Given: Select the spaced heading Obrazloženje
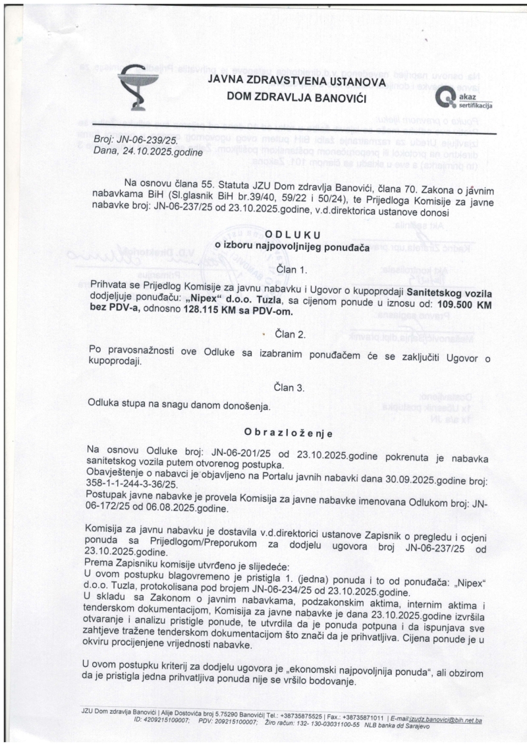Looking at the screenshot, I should pos(289,433).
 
